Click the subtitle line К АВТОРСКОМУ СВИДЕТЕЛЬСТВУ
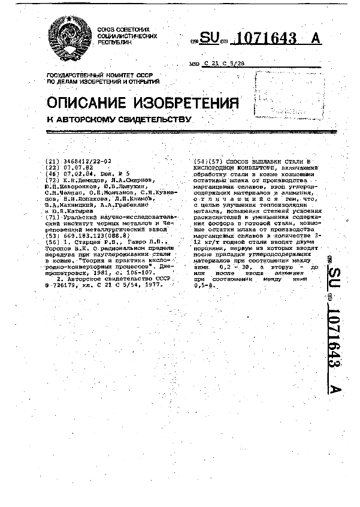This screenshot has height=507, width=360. point(119,119)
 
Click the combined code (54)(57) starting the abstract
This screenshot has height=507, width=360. point(208,162)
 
